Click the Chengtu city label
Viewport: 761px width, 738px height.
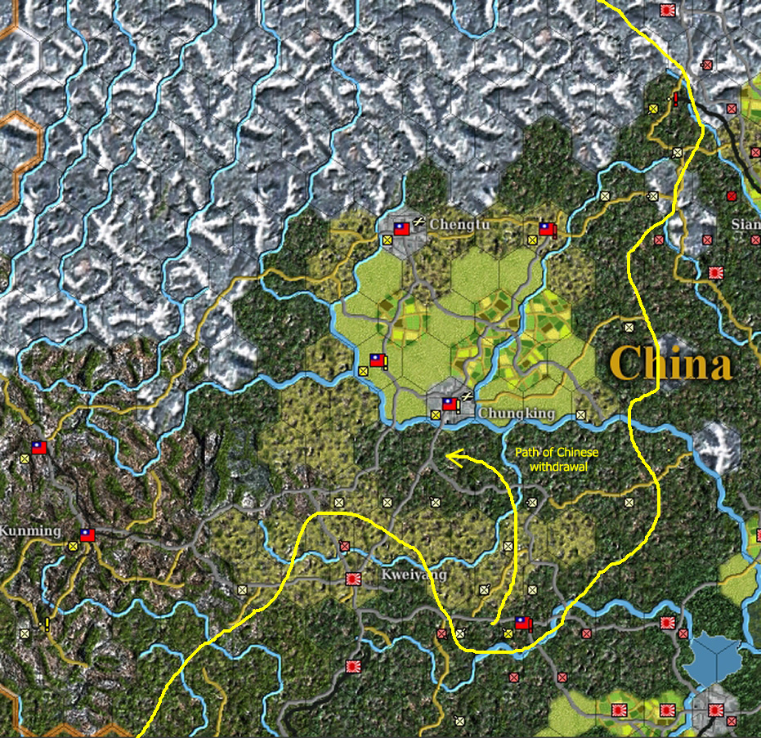pyautogui.click(x=459, y=223)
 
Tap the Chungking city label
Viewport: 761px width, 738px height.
pyautogui.click(x=517, y=414)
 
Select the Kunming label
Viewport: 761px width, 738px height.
pyautogui.click(x=30, y=531)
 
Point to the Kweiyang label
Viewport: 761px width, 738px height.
pyautogui.click(x=414, y=575)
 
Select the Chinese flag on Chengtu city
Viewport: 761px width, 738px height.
pyautogui.click(x=401, y=228)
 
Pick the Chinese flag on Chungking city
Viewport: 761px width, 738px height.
pyautogui.click(x=450, y=403)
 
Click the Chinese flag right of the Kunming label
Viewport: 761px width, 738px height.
pyautogui.click(x=87, y=535)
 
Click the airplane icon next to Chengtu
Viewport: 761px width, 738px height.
pyautogui.click(x=419, y=221)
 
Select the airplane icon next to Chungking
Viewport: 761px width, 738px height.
pyautogui.click(x=466, y=397)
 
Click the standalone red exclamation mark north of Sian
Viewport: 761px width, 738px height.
pyautogui.click(x=676, y=99)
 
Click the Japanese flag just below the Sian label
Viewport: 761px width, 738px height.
pyautogui.click(x=717, y=272)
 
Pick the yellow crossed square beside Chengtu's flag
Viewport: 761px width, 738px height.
pyautogui.click(x=387, y=240)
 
